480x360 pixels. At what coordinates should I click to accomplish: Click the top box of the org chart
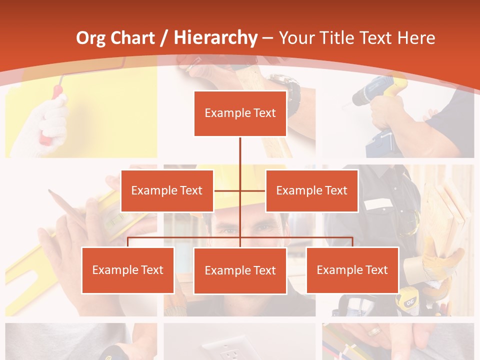240,113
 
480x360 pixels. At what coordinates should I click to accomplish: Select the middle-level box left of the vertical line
167,190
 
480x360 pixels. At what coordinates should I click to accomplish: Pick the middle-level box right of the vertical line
311,190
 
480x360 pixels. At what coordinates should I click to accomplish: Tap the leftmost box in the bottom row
128,270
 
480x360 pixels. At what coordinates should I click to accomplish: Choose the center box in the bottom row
240,270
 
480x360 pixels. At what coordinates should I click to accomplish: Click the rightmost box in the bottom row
352,270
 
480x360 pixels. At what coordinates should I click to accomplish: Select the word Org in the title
90,38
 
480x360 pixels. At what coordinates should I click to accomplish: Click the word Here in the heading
416,38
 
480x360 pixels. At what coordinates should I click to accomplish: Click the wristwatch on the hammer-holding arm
285,90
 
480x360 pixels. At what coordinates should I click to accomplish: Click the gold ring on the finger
373,331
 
